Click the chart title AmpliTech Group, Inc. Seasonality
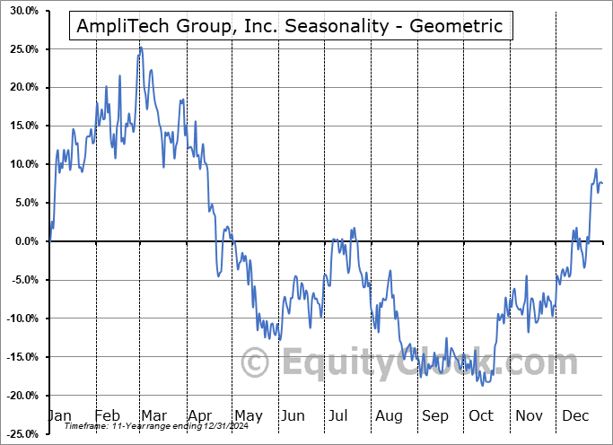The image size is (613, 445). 292,24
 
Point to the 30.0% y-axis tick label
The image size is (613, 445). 22,11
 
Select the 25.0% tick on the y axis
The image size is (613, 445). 22,49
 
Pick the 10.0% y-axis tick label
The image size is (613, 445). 22,164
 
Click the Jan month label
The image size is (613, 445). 59,416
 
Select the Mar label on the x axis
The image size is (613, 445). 154,416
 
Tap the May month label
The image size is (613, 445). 248,416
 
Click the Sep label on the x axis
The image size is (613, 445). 435,416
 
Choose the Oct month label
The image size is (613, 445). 481,416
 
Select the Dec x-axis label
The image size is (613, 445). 575,416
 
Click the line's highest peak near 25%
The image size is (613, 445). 140,48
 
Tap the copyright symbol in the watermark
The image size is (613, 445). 256,363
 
